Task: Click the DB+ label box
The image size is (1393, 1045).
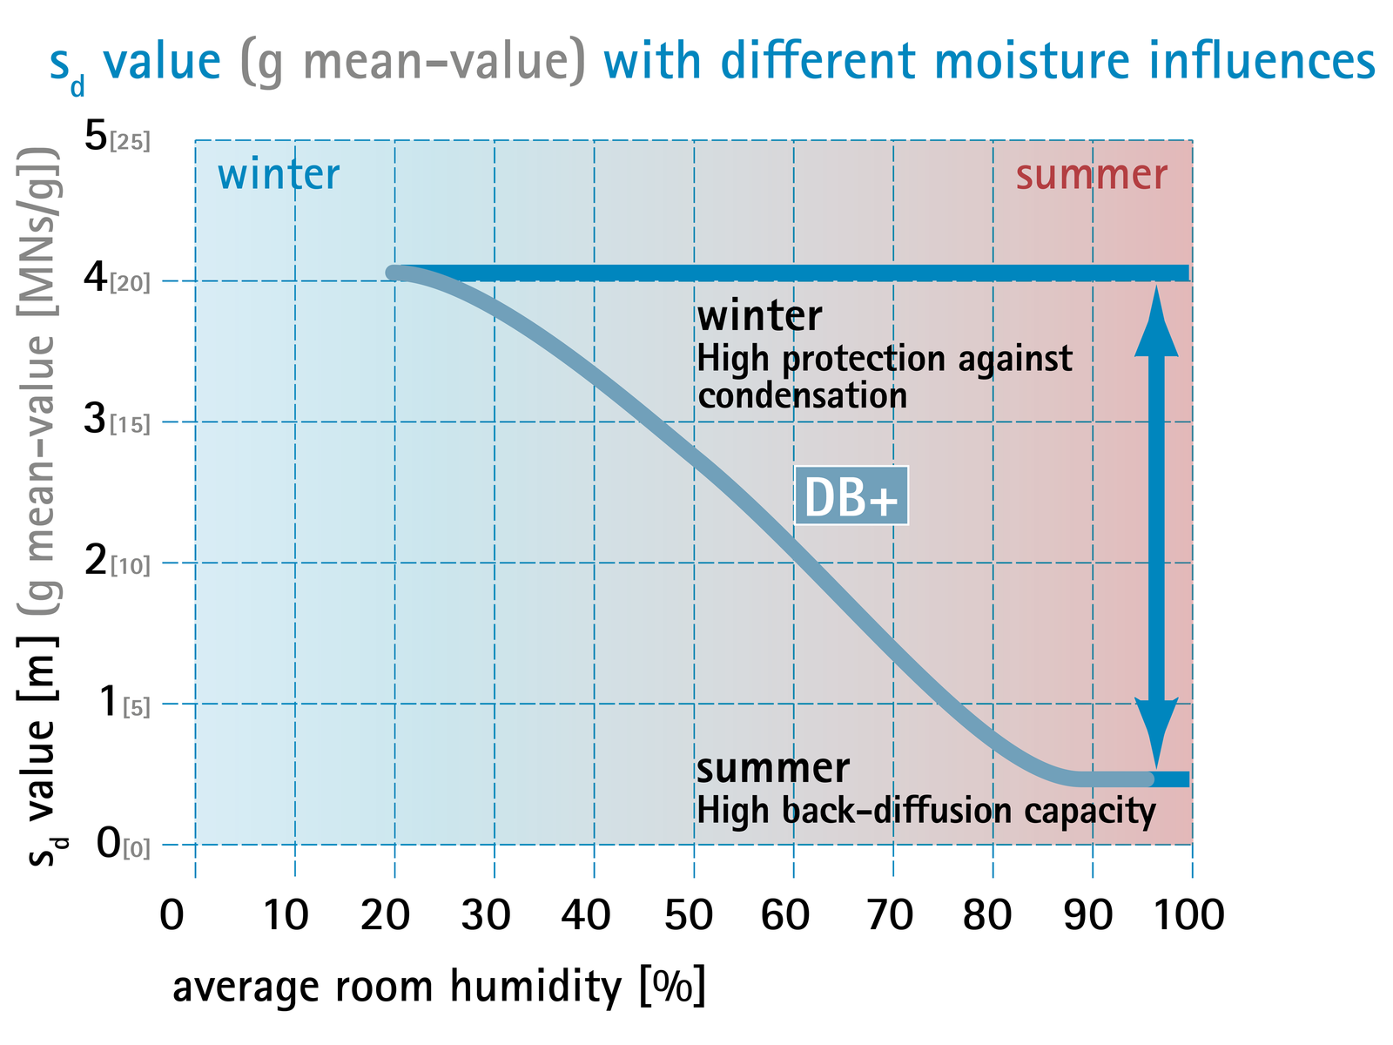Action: coord(851,496)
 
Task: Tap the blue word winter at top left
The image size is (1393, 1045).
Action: coord(279,174)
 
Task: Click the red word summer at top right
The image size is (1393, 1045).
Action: coord(1092,175)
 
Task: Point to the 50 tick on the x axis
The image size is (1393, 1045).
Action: coord(689,915)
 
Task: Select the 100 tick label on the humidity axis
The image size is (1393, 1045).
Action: coord(1188,915)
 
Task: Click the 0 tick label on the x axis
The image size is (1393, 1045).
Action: coord(172,915)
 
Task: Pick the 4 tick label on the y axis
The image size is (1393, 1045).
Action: coord(96,277)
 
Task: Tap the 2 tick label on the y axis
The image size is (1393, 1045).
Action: coord(96,560)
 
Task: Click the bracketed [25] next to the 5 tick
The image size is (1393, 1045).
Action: coord(130,141)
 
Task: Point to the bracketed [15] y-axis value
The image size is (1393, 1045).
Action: coord(130,424)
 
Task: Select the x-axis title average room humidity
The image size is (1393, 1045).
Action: coord(397,988)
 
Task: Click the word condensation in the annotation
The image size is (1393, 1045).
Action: coord(802,396)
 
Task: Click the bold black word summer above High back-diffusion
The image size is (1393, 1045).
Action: coord(773,768)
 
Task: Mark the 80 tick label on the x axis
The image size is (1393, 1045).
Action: coord(986,915)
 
